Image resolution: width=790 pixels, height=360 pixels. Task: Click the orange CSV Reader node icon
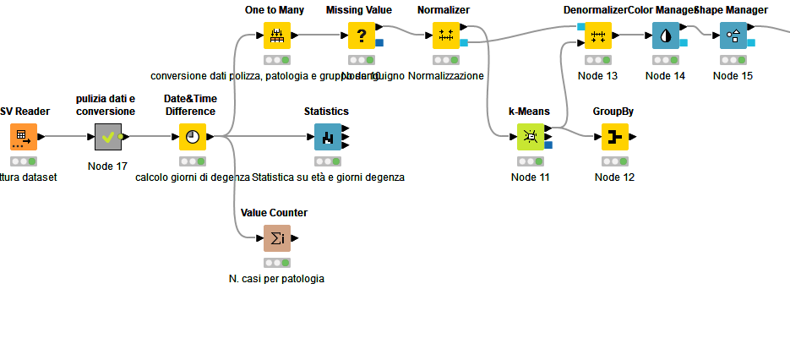[24, 137]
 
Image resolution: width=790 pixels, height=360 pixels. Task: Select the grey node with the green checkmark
[108, 137]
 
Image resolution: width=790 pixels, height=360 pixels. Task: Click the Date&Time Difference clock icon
[193, 137]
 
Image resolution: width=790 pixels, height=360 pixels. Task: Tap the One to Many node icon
[277, 35]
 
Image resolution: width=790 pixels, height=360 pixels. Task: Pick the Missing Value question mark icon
[362, 35]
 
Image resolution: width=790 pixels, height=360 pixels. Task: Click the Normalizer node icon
[446, 35]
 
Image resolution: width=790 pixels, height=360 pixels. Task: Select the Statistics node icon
[328, 137]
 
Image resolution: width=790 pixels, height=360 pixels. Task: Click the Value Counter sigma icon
[277, 238]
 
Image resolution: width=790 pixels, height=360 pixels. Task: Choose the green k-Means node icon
[531, 137]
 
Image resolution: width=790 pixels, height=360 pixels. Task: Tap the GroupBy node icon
[615, 137]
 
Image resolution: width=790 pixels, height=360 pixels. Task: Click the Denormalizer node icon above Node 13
[598, 35]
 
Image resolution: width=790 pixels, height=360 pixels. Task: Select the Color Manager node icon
[666, 35]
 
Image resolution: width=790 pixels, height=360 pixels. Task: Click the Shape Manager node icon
[733, 35]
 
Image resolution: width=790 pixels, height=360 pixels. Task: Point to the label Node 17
[107, 166]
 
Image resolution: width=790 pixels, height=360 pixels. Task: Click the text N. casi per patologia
[276, 279]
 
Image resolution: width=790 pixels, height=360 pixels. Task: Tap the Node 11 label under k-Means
[531, 177]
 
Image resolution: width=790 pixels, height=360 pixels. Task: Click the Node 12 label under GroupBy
[614, 177]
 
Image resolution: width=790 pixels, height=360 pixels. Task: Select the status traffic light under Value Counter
[277, 263]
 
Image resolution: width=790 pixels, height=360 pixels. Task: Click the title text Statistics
[326, 112]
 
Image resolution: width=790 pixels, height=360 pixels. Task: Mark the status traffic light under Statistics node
[328, 161]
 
